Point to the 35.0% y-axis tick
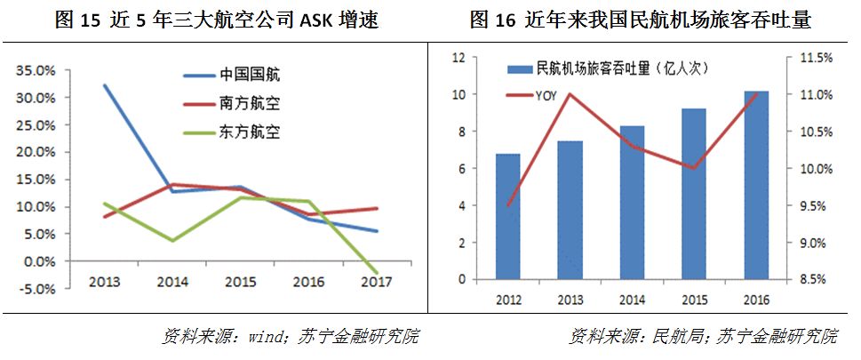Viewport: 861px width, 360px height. pyautogui.click(x=36, y=68)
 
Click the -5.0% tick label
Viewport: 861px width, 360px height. pyautogui.click(x=36, y=289)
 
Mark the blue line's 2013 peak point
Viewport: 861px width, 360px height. pyautogui.click(x=105, y=85)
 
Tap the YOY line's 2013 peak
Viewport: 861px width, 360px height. pyautogui.click(x=570, y=94)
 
